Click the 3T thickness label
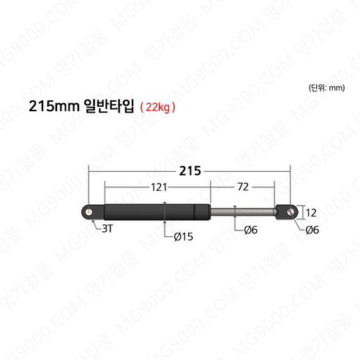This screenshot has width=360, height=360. [x=108, y=230]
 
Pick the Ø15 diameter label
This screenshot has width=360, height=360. [x=184, y=236]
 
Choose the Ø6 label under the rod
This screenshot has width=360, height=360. [x=250, y=230]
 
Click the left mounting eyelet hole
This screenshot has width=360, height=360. [x=89, y=212]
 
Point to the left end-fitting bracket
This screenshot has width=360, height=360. [x=92, y=212]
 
